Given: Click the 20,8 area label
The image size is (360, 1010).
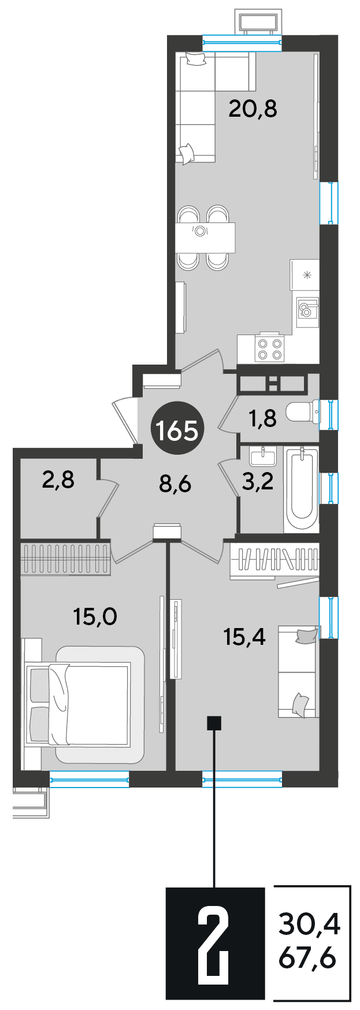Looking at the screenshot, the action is [x=253, y=108].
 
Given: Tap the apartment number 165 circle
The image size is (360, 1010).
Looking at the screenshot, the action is [x=176, y=429].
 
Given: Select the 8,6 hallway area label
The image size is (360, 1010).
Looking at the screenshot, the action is [x=175, y=482].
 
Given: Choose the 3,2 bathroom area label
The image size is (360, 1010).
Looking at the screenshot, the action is [x=258, y=482].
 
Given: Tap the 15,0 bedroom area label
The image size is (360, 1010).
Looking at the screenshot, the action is [x=95, y=617].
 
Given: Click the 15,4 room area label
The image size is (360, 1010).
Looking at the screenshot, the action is [x=244, y=637].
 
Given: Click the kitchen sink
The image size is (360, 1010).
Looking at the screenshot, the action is [x=307, y=311].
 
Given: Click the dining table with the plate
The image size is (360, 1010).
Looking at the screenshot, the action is [x=206, y=237].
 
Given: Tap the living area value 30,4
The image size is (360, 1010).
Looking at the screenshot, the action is [x=309, y=925].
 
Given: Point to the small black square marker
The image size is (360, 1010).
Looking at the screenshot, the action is [x=214, y=722].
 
